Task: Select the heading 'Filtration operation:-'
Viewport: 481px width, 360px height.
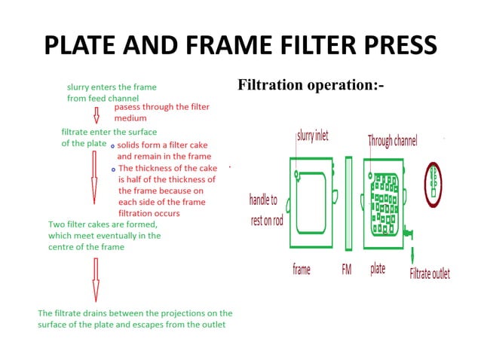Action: coord(311,84)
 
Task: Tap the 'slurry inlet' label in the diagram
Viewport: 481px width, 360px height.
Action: coord(312,136)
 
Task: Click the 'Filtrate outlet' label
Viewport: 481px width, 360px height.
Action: coord(430,273)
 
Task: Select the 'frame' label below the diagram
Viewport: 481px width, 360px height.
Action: coord(302,269)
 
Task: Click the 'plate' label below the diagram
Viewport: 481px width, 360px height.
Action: coord(378,269)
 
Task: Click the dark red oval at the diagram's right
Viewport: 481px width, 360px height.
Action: coord(434,183)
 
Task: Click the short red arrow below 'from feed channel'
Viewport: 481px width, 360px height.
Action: coord(96,115)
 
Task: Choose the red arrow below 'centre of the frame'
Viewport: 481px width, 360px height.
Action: coord(96,279)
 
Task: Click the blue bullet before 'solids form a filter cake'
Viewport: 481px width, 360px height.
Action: coord(112,146)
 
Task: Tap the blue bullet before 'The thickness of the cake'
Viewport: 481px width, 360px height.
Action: coord(112,169)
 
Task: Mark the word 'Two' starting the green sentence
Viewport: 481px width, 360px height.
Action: coord(57,224)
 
